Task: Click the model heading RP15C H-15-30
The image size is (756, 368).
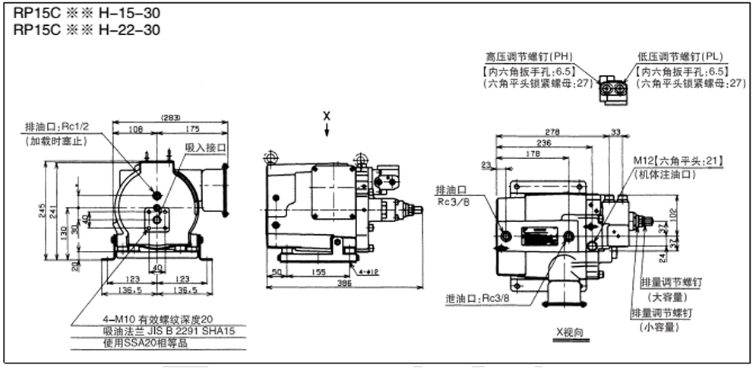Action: (87, 14)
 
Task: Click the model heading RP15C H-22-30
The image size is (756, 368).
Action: (87, 30)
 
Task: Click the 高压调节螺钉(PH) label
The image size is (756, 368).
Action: (530, 56)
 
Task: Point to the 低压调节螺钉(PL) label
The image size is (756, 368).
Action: (680, 56)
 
